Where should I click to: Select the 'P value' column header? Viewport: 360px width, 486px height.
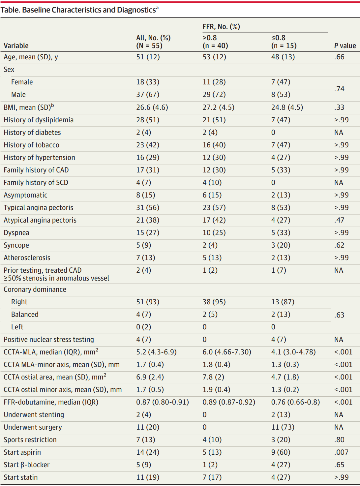[x=345, y=46]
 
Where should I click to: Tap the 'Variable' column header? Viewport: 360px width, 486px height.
[x=16, y=46]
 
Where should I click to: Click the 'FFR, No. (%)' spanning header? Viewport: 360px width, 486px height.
[x=221, y=27]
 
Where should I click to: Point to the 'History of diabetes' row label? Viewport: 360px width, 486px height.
[x=32, y=132]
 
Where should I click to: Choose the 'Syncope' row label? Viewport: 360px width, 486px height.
[x=16, y=245]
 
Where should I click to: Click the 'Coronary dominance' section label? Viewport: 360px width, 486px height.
[x=35, y=289]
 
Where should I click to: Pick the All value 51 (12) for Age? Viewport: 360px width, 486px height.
[x=148, y=57]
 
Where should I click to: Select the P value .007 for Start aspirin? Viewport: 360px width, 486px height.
[x=341, y=452]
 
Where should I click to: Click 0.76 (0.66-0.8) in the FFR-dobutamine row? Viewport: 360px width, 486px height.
[x=295, y=402]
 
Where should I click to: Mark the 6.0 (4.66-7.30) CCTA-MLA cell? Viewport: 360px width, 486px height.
[x=227, y=352]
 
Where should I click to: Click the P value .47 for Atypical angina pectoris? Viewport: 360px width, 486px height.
[x=339, y=220]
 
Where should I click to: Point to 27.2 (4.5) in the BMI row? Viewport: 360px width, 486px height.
[x=218, y=107]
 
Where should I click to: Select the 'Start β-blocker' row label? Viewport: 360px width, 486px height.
[x=27, y=465]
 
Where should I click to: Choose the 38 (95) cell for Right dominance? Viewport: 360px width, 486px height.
[x=214, y=302]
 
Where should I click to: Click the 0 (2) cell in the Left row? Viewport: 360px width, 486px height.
[x=144, y=327]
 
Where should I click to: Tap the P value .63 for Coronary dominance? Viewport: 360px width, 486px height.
[x=339, y=315]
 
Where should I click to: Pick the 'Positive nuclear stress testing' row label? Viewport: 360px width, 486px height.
[x=49, y=339]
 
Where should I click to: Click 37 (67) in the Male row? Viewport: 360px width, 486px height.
[x=148, y=95]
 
